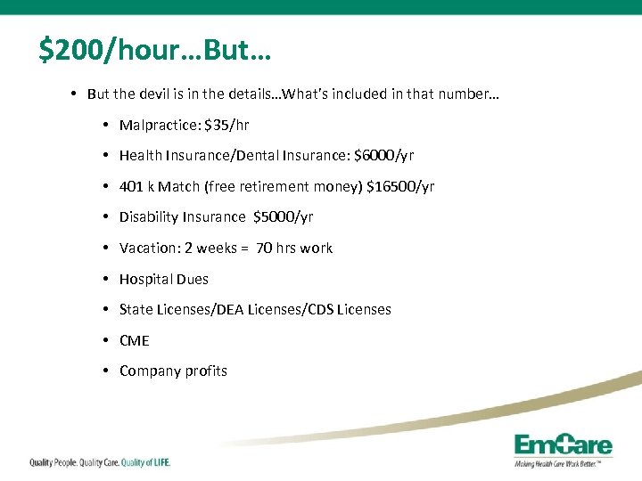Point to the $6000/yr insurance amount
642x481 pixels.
click(383, 156)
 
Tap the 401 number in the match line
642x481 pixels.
click(131, 187)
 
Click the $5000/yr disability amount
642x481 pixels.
click(283, 217)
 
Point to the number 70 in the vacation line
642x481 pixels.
click(264, 249)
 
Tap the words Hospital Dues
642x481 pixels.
click(163, 280)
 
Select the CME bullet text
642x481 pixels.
click(134, 341)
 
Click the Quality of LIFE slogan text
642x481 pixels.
click(144, 462)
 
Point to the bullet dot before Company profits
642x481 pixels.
click(105, 371)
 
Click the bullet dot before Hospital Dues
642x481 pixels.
click(105, 280)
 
